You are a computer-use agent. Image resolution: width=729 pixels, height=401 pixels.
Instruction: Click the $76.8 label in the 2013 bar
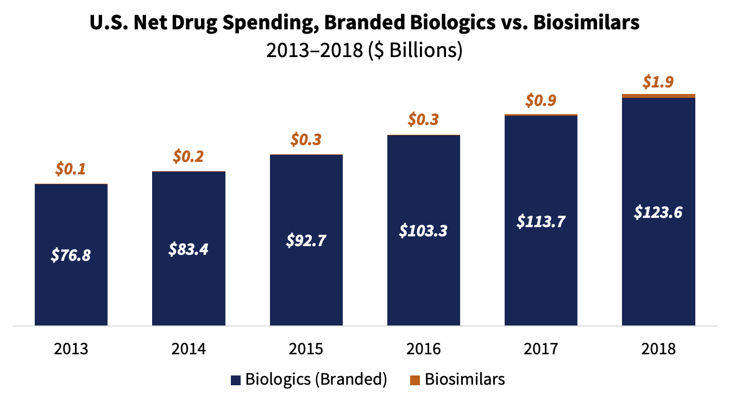(x=71, y=255)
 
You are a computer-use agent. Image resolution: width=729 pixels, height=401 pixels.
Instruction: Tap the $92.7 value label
(x=306, y=240)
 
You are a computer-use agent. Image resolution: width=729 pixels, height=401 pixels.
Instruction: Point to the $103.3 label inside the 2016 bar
(x=424, y=230)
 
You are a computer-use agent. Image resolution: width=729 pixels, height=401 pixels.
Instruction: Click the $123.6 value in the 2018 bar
(x=658, y=212)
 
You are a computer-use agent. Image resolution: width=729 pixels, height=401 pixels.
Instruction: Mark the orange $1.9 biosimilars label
(x=658, y=82)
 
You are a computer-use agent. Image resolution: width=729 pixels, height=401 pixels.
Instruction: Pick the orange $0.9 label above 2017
(x=541, y=101)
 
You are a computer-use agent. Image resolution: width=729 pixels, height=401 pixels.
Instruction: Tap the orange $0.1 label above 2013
(x=71, y=170)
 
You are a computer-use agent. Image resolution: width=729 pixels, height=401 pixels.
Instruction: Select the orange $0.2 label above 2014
(x=188, y=157)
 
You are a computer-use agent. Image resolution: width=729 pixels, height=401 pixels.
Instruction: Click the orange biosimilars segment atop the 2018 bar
(x=658, y=96)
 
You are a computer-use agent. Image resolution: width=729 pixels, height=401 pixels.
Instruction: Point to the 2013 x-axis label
(x=71, y=348)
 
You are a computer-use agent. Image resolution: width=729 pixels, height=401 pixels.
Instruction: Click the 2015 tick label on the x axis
(x=306, y=348)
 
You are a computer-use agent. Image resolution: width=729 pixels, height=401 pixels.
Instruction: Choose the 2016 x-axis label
(x=424, y=348)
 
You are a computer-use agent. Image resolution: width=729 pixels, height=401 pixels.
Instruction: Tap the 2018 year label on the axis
(x=658, y=348)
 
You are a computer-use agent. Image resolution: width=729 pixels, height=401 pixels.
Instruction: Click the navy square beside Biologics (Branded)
(x=235, y=380)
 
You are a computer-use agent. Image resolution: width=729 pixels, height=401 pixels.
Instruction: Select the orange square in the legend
(x=415, y=380)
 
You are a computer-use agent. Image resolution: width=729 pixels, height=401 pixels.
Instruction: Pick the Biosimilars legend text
(x=464, y=379)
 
